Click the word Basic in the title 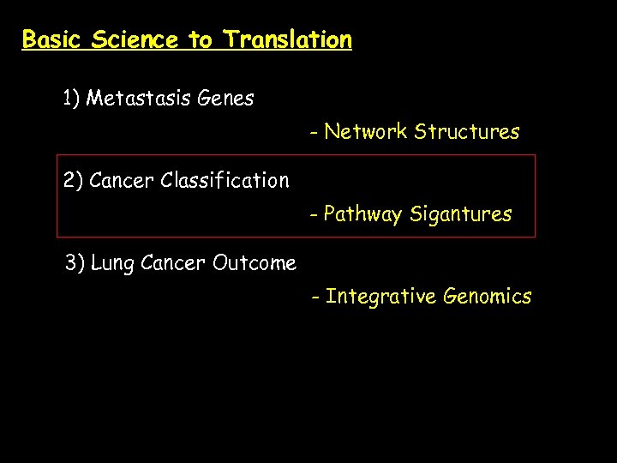tap(52, 40)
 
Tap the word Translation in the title tap(288, 40)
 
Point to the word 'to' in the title tap(201, 40)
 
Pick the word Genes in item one tap(225, 99)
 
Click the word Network tap(366, 132)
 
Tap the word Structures tap(467, 132)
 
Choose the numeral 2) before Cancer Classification tap(73, 181)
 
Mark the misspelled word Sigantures tap(461, 215)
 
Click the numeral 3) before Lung tap(75, 263)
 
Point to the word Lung tap(112, 264)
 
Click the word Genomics tap(487, 298)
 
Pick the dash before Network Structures tap(315, 133)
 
